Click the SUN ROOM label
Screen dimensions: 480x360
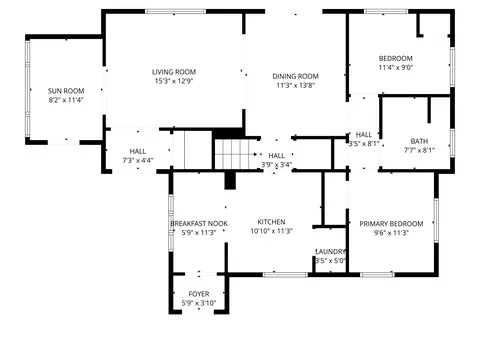(66, 91)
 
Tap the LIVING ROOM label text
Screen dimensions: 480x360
(174, 72)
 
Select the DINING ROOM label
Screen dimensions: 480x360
(295, 76)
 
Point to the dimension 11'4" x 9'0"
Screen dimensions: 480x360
(396, 67)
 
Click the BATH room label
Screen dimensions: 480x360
(419, 141)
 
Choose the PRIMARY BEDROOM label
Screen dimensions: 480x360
(391, 224)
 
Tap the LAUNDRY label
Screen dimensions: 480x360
(330, 252)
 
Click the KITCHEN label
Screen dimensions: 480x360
(271, 222)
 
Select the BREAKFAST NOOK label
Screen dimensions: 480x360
(199, 224)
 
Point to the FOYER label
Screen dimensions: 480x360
(199, 294)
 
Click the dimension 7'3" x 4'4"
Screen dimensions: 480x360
(138, 160)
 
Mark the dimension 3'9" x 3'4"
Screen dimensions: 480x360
(276, 164)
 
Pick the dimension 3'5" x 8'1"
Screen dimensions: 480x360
(364, 144)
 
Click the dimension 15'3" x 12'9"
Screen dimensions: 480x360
(174, 81)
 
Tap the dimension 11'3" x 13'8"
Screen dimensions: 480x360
(295, 85)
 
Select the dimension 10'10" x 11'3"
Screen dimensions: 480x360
(271, 231)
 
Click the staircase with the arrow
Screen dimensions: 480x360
(235, 154)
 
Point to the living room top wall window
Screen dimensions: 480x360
(175, 11)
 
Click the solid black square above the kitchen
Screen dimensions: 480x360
(230, 180)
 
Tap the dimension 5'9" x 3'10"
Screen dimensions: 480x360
(199, 303)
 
